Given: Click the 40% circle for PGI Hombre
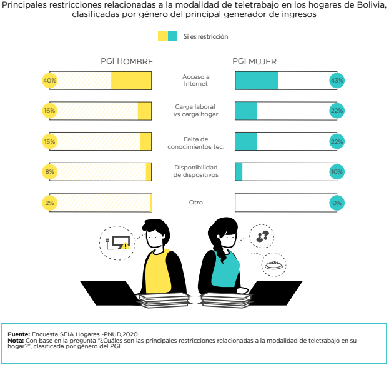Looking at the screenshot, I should pos(49,81).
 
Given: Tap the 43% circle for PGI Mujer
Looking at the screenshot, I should pos(337,81).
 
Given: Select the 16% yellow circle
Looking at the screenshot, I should pos(49,111).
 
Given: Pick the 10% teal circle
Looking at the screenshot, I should pos(337,172).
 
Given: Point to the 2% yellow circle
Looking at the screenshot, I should pos(49,203).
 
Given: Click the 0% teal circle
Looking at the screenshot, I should pos(337,203).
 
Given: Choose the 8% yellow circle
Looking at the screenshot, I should pos(49,172).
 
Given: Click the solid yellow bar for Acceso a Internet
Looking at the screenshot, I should pos(131,81).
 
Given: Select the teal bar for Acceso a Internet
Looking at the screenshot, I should pos(257,81).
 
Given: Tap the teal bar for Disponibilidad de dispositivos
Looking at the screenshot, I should pos(239,172).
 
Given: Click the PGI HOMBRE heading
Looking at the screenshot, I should pos(127,62).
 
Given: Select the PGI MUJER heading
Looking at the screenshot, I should pos(254,62).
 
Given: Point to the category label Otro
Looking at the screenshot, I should pos(195,203).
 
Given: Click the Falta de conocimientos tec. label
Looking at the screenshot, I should pos(195,142).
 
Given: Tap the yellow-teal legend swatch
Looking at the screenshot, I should pos(168,36).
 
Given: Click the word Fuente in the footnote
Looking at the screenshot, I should pos(19,336).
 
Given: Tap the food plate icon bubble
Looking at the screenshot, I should pos(273,265).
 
